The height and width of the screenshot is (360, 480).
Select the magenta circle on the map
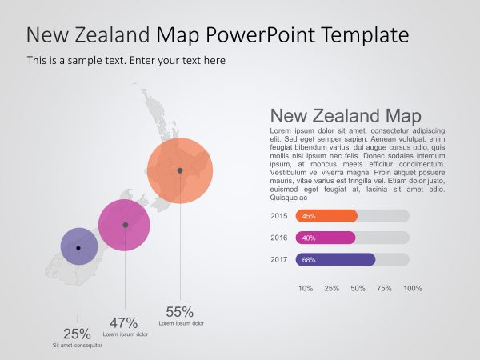[124, 225]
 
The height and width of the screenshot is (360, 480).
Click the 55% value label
[180, 312]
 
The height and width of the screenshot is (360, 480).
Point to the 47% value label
[124, 322]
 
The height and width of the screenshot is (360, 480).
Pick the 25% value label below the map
[77, 334]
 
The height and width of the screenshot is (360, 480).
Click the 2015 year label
[279, 216]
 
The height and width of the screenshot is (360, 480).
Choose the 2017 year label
[279, 259]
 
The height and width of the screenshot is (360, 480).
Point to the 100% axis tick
[412, 288]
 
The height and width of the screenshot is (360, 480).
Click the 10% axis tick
[306, 288]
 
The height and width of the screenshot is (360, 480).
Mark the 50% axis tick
[358, 288]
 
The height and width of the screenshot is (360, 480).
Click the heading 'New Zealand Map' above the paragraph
[346, 115]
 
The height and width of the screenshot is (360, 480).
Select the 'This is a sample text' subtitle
[126, 60]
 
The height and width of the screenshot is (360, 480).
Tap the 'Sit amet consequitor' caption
[77, 346]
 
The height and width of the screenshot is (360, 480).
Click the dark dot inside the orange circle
[180, 170]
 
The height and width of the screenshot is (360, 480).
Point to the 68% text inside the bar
[309, 259]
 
